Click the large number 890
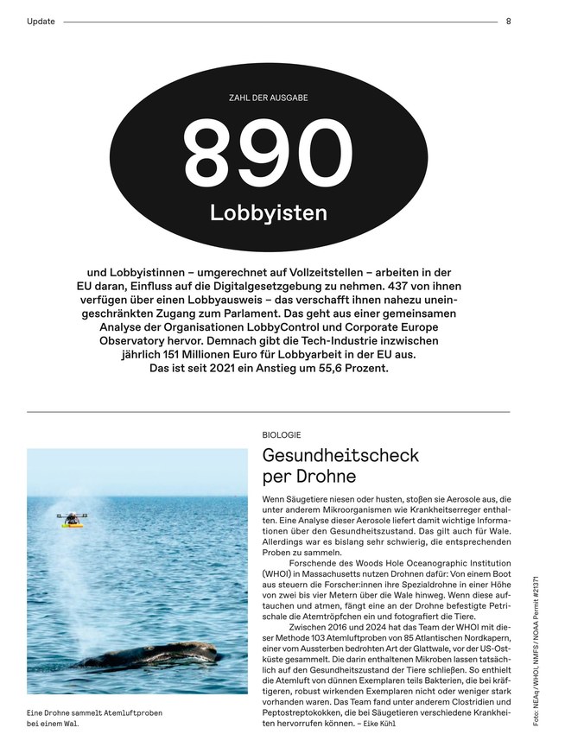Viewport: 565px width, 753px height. [269, 152]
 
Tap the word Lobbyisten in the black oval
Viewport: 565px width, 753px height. [269, 212]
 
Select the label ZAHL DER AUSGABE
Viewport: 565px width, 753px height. [269, 98]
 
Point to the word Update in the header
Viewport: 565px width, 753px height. [41, 22]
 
